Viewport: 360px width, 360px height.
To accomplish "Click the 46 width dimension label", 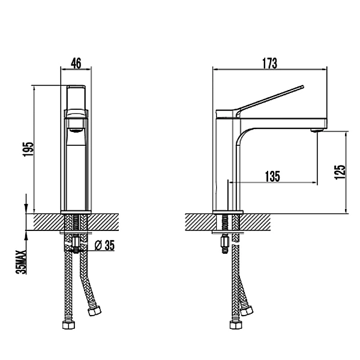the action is coord(76,64).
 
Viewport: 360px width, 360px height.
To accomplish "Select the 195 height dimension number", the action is coord(28,149).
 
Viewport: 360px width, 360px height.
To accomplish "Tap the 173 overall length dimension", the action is coord(270,64).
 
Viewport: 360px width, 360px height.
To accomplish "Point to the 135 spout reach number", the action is coord(272,176).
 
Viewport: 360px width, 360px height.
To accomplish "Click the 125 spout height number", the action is coord(340,172).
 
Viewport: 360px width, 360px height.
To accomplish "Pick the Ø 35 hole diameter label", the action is coord(104,245).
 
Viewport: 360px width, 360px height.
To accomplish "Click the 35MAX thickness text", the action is coord(21,262).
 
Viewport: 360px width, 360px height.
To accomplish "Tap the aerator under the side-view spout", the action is coord(317,130).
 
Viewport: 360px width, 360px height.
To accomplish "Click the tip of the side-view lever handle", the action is coord(302,86).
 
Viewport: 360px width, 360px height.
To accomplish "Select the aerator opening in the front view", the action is coord(76,131).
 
